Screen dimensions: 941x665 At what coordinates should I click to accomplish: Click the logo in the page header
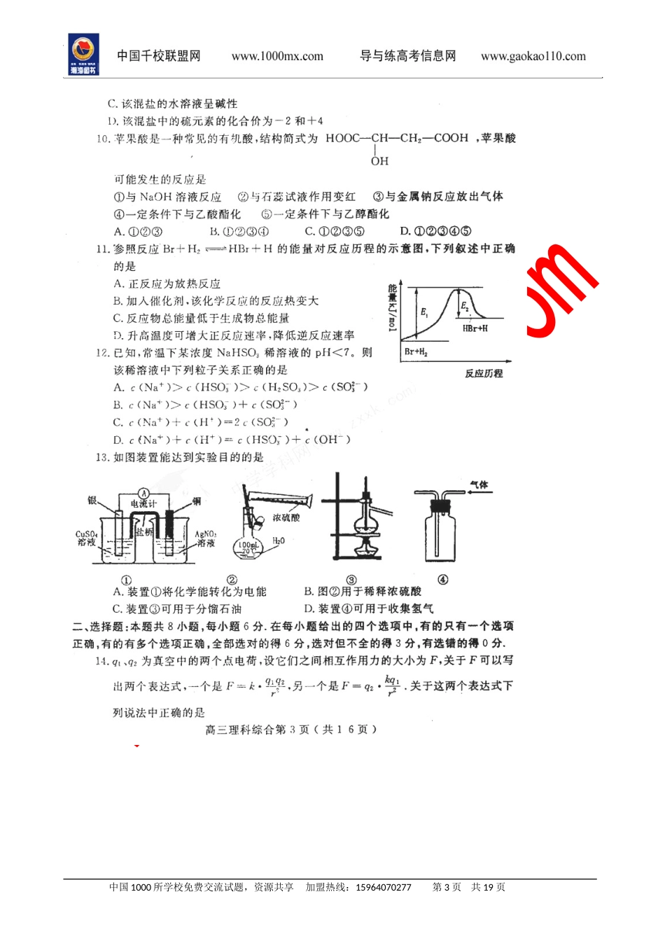click(83, 55)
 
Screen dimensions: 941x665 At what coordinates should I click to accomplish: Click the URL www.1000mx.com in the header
click(277, 57)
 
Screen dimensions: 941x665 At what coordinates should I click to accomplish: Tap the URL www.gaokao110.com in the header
click(533, 57)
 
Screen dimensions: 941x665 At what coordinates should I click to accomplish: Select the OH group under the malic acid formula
click(379, 161)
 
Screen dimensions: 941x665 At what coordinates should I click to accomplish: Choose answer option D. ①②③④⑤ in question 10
click(435, 231)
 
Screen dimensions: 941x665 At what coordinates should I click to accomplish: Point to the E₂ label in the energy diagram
click(465, 306)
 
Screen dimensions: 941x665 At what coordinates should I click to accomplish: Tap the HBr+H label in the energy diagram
click(475, 328)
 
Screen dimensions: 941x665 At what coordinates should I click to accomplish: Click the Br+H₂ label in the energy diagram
click(416, 351)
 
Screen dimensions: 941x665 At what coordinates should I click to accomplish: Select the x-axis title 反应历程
click(484, 373)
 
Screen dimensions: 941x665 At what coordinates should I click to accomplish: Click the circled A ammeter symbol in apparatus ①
click(143, 494)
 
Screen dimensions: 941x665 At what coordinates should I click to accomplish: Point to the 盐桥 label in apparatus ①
click(144, 532)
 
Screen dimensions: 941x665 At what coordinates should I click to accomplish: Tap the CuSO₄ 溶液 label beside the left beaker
click(86, 538)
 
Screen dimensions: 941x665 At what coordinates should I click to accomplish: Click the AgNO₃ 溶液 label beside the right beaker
click(206, 538)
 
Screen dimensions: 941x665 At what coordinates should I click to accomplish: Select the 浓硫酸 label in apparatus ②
click(286, 517)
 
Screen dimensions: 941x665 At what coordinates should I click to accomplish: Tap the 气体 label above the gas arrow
click(479, 485)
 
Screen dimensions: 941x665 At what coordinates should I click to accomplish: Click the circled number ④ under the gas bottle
click(442, 579)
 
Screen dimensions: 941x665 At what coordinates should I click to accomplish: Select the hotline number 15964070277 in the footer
click(384, 887)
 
